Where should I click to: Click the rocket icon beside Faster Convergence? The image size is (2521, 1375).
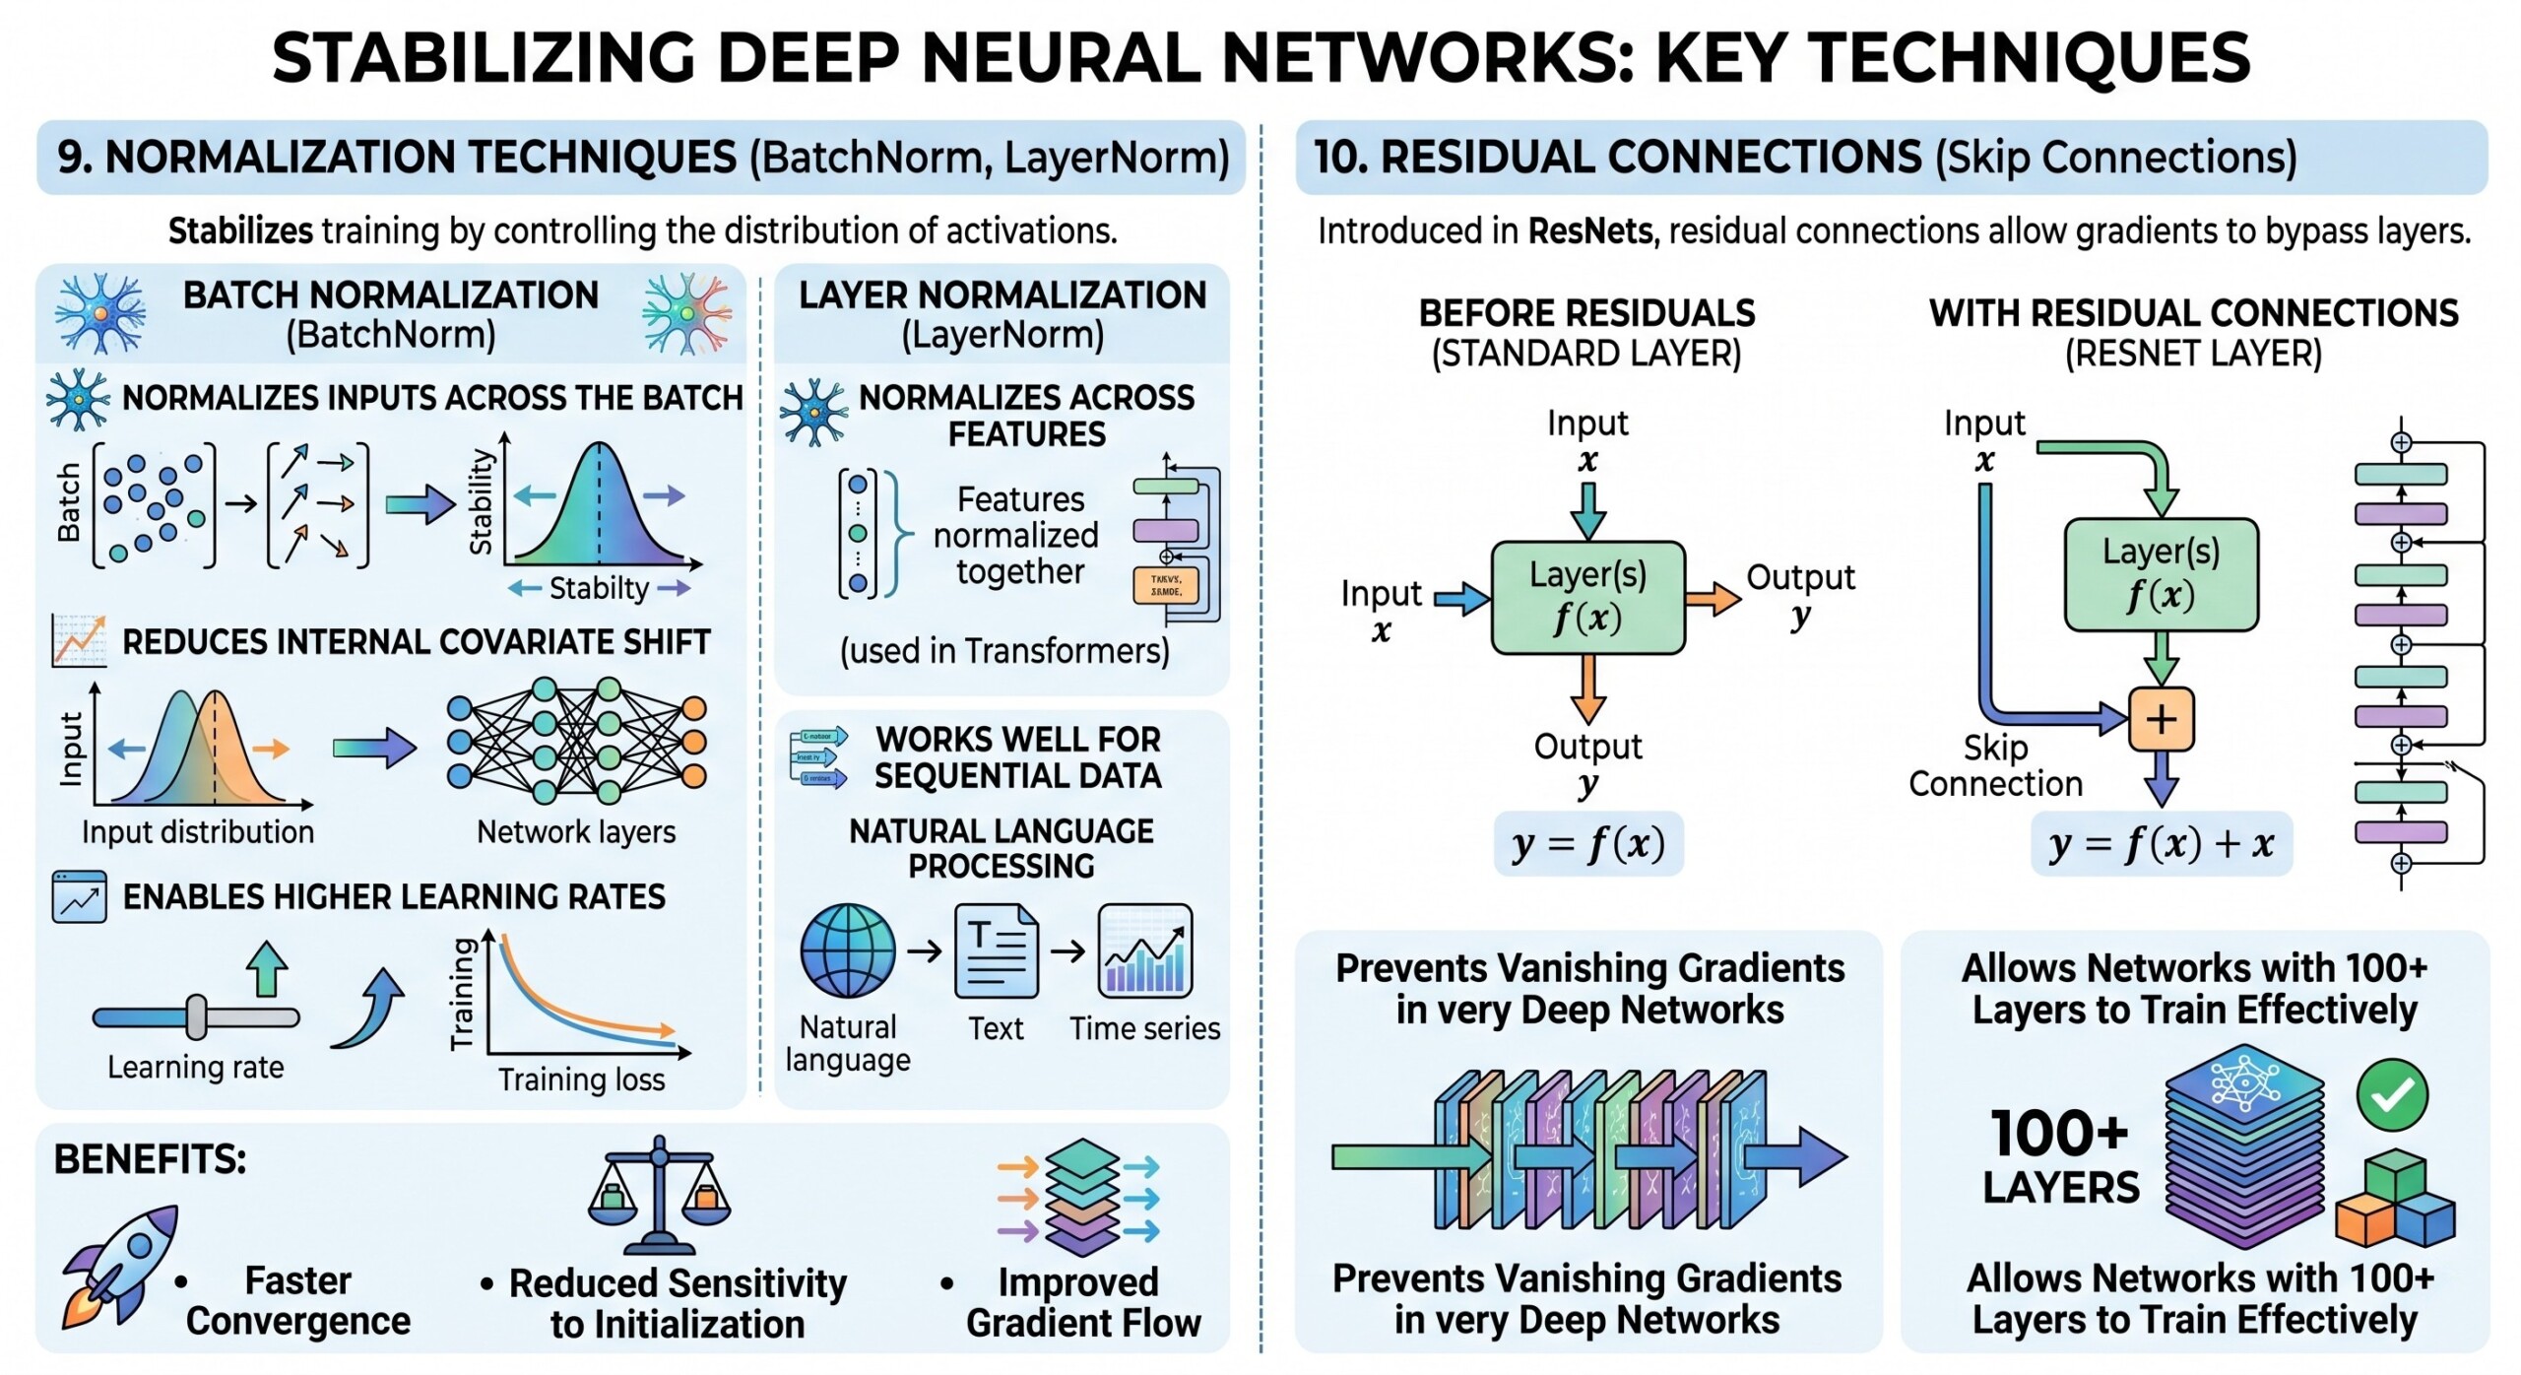tap(118, 1266)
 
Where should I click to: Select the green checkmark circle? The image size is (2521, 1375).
tap(2392, 1094)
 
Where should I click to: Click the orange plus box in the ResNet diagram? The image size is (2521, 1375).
tap(2161, 719)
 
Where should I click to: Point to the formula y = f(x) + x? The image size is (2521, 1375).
tap(2161, 844)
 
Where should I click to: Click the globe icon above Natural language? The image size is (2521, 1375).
tap(848, 951)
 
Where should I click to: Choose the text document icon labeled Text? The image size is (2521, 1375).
tap(996, 951)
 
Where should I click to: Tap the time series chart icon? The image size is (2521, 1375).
tap(1144, 951)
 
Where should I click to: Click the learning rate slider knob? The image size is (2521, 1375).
tap(197, 1016)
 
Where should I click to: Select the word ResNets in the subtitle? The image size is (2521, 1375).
tap(1590, 231)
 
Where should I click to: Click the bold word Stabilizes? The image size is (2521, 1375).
tap(240, 231)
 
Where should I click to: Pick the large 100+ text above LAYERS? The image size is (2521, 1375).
tap(2059, 1134)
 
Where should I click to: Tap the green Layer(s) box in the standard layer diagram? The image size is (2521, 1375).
tap(1587, 598)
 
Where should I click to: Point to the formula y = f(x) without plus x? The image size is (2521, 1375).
tap(1587, 844)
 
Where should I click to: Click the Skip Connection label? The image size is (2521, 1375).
tap(1995, 766)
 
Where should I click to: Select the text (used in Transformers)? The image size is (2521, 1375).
tap(1003, 651)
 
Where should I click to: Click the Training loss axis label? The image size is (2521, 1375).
tap(581, 1080)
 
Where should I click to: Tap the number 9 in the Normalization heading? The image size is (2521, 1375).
tap(70, 158)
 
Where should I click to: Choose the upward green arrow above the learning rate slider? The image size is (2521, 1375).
tap(265, 969)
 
